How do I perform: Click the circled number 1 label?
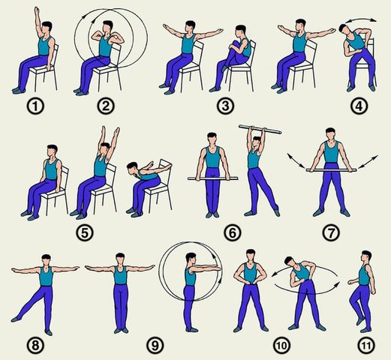coord(35,106)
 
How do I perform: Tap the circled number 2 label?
coord(106,106)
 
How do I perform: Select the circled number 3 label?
coord(225,106)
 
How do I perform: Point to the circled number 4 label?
coord(359,106)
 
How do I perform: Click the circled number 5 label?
coord(85,233)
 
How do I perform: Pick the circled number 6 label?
coord(233,233)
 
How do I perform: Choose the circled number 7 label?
coord(331,233)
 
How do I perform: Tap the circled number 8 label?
coord(35,346)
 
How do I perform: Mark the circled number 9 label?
coord(155,346)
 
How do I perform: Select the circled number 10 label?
coord(281,346)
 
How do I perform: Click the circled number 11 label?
coord(366,346)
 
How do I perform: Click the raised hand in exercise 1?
coord(37,10)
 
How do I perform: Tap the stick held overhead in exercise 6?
coord(260,129)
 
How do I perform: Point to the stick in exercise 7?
coord(332,170)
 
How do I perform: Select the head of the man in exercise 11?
coord(365,256)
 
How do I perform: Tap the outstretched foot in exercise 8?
coord(16,319)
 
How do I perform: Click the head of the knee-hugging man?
coord(240,31)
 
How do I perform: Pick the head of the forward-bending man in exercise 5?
coord(132,168)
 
